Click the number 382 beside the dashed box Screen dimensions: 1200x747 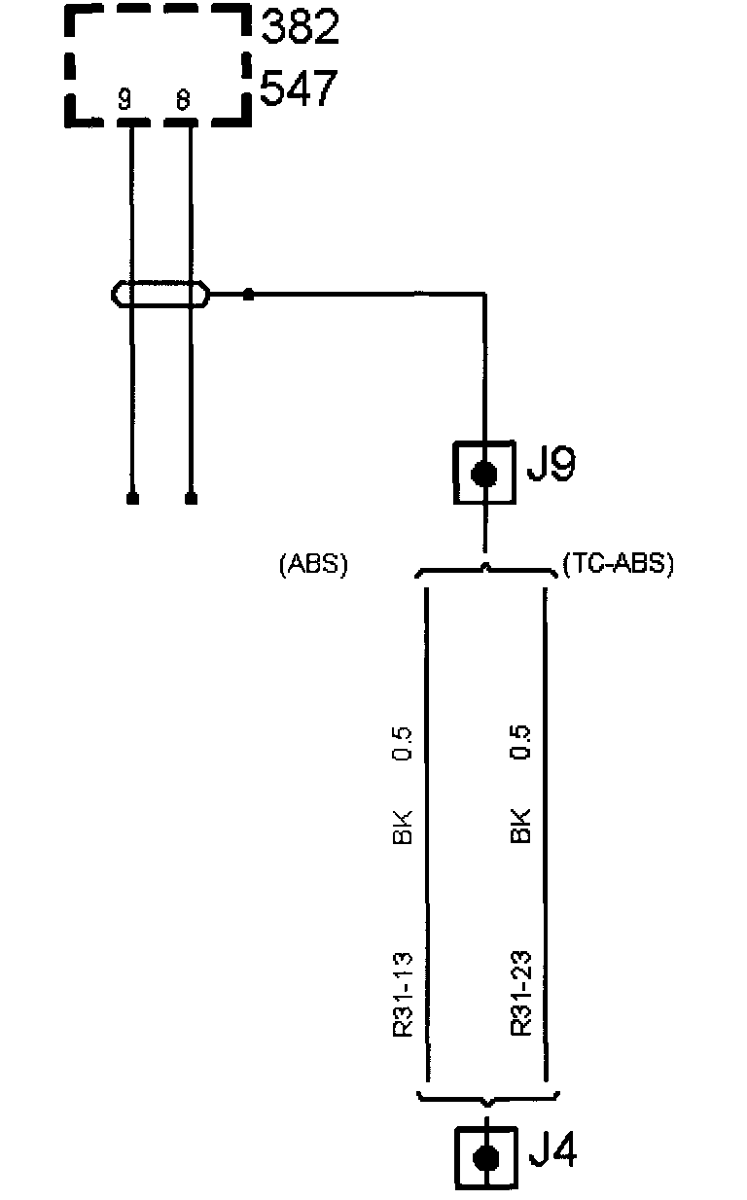click(301, 28)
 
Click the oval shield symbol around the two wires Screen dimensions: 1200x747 click(160, 293)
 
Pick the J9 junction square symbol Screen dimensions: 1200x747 click(484, 474)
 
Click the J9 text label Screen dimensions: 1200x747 click(551, 467)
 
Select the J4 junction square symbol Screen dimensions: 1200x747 click(484, 1157)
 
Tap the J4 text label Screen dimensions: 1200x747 click(552, 1153)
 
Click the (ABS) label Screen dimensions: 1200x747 click(313, 565)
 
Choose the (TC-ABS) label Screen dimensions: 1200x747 click(619, 565)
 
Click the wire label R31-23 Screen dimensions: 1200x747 click(520, 995)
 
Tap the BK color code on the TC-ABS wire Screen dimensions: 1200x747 click(520, 826)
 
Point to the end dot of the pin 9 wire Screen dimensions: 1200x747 click(131, 499)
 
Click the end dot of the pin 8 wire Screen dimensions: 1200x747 click(191, 499)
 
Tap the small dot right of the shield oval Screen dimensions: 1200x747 click(248, 293)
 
